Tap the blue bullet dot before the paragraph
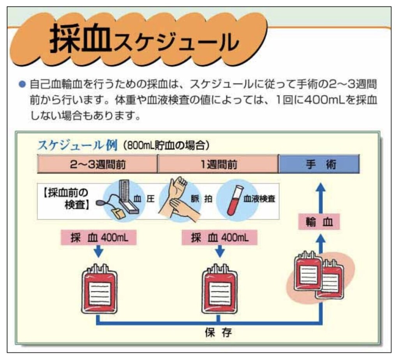[22, 84]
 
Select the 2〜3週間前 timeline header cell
[97, 164]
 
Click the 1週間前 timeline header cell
[218, 164]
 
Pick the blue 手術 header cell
[320, 164]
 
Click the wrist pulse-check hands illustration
[179, 199]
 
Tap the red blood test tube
[235, 200]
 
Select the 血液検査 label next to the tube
[259, 199]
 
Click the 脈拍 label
[201, 198]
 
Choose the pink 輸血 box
[319, 222]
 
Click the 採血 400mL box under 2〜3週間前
[99, 238]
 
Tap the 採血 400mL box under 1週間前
[219, 238]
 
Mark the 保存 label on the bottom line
[218, 333]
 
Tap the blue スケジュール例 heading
[78, 146]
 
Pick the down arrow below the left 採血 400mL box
[99, 251]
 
